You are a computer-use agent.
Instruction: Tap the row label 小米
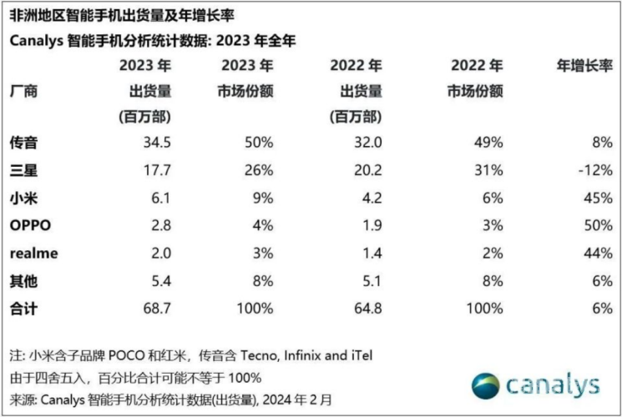pyautogui.click(x=24, y=198)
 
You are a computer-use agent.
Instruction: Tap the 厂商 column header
pyautogui.click(x=24, y=90)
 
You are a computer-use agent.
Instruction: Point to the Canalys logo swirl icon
pyautogui.click(x=486, y=386)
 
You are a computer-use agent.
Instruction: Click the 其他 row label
pyautogui.click(x=24, y=281)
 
